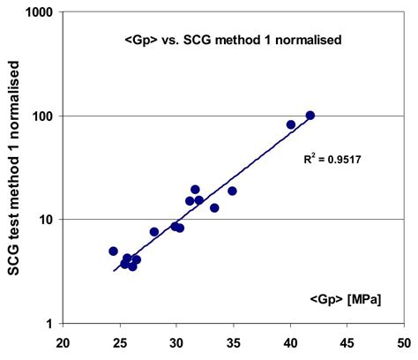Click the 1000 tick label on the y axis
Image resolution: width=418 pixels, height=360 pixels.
pyautogui.click(x=38, y=13)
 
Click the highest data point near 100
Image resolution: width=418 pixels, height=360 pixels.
pyautogui.click(x=310, y=116)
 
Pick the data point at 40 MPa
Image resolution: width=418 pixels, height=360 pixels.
pyautogui.click(x=291, y=124)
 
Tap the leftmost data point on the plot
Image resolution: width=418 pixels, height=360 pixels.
pyautogui.click(x=113, y=251)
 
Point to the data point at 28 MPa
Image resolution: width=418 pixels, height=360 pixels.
pyautogui.click(x=154, y=232)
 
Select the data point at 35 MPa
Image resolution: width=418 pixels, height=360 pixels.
pyautogui.click(x=232, y=191)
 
